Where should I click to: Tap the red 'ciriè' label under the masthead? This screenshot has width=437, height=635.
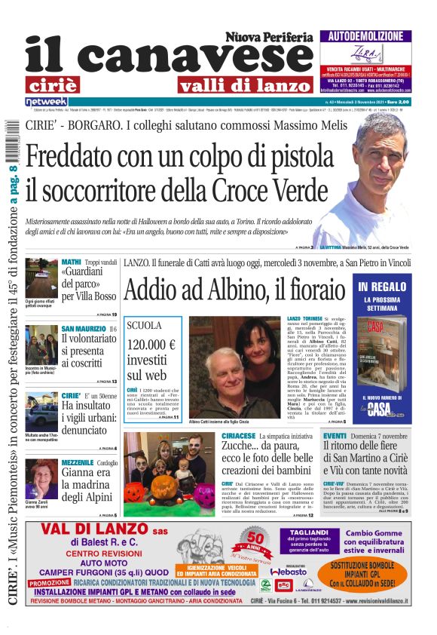62,84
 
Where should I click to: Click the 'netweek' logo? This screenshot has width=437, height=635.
46,102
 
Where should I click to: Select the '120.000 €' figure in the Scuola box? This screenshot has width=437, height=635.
151,345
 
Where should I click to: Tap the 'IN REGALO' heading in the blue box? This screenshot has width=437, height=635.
384,287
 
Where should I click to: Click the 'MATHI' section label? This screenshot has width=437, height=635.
71,262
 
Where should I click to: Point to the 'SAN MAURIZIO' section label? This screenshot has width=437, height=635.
84,329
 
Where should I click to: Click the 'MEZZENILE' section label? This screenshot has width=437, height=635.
77,462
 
